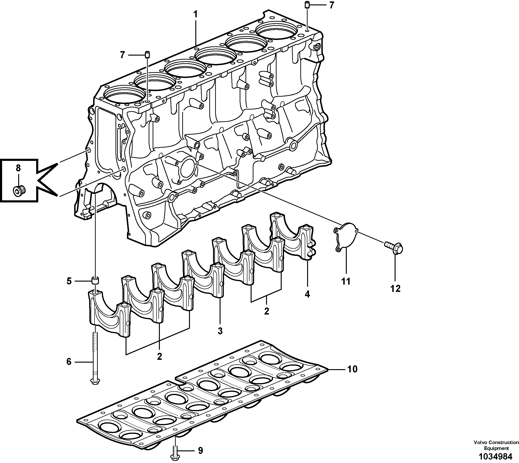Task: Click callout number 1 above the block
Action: click(195, 14)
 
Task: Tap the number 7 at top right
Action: click(331, 5)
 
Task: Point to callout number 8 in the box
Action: click(18, 168)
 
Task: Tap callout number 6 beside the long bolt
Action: click(69, 361)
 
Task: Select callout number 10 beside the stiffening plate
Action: click(352, 369)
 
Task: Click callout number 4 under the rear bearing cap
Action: click(307, 294)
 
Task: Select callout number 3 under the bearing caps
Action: click(220, 331)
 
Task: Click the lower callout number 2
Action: click(159, 356)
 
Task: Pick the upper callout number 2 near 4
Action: click(266, 311)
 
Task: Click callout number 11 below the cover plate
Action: click(346, 281)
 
